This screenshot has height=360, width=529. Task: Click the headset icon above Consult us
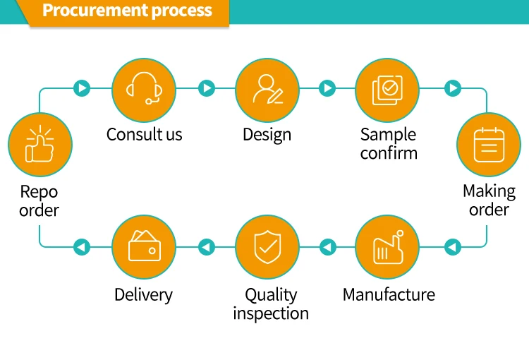tap(144, 88)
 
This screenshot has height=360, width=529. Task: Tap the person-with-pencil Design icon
tap(267, 89)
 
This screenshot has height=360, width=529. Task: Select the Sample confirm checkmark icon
tap(387, 90)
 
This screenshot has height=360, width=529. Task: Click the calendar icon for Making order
tap(489, 145)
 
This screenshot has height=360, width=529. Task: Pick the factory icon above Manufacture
tap(389, 247)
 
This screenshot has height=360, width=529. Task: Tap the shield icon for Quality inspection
tap(267, 247)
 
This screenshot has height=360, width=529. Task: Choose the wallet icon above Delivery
tap(145, 246)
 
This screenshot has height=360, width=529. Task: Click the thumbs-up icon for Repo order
tap(39, 144)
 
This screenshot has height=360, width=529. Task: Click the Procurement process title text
tap(127, 11)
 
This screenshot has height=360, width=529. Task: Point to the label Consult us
tap(145, 134)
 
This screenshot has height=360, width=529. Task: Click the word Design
tap(267, 135)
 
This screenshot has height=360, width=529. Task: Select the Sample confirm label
tap(389, 143)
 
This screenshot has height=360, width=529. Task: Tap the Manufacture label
tap(389, 294)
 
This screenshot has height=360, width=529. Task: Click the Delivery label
tap(143, 295)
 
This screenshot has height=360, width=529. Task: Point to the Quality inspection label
tap(271, 304)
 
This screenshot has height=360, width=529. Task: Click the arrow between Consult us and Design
tap(207, 88)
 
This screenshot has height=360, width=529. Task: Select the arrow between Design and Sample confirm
tap(327, 88)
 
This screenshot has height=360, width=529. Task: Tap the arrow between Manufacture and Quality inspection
tap(327, 247)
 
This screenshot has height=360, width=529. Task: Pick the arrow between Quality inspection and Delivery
tap(207, 247)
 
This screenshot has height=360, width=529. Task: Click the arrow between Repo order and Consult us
tap(82, 88)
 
